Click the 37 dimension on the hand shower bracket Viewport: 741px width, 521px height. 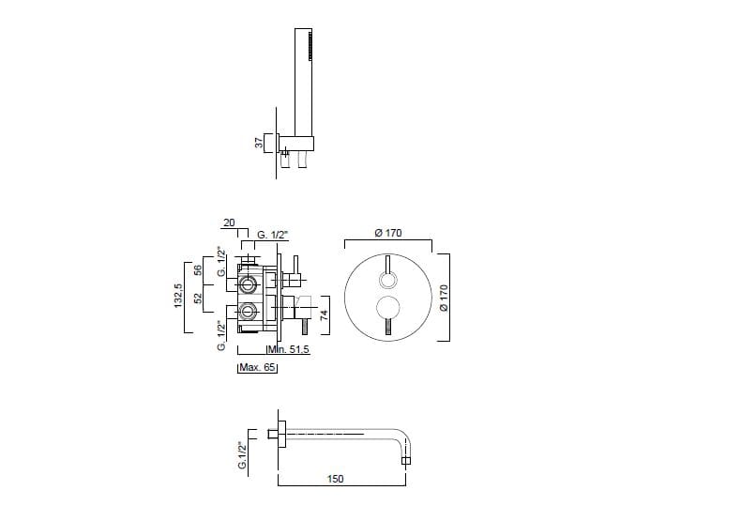pos(260,142)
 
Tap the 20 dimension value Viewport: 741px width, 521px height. pos(229,222)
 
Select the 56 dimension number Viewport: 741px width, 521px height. pos(198,270)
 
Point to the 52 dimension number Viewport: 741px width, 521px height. pos(198,298)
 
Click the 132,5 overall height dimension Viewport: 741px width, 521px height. pos(177,296)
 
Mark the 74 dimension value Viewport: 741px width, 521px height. pos(324,315)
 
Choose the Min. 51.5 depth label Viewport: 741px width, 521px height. pos(289,349)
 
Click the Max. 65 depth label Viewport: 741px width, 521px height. pos(257,367)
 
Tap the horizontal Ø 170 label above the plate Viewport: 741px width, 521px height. pos(388,233)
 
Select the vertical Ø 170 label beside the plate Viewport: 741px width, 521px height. pos(444,298)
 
